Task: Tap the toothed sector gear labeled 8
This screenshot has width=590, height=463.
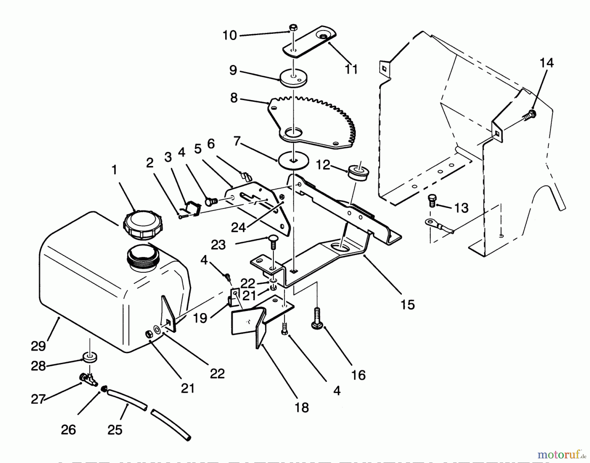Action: (x=311, y=121)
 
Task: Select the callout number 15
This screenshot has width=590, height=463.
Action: (x=407, y=305)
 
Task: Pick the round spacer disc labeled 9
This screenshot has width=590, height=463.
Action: (x=294, y=79)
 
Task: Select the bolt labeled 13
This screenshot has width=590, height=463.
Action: (x=432, y=200)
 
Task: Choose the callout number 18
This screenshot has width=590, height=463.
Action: (x=302, y=408)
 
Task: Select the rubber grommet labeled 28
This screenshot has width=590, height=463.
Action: (x=89, y=357)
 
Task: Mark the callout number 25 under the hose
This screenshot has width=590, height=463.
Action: (x=114, y=430)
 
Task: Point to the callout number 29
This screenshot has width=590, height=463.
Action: (x=38, y=346)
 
